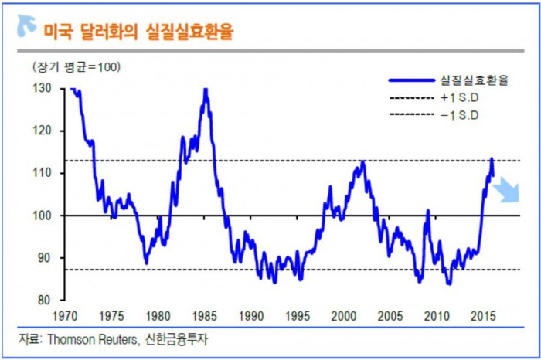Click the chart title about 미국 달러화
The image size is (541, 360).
(x=139, y=32)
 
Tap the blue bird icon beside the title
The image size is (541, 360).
(x=26, y=28)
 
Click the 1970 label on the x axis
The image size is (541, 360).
(x=66, y=316)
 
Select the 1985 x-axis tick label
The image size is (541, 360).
(x=205, y=316)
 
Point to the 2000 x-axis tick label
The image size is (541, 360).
(x=344, y=316)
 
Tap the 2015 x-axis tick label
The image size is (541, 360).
(x=483, y=316)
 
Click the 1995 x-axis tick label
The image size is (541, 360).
(x=298, y=316)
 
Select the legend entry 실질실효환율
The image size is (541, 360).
(x=474, y=80)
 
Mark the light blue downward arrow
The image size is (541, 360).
(x=508, y=190)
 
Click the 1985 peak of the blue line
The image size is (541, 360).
(x=205, y=90)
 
